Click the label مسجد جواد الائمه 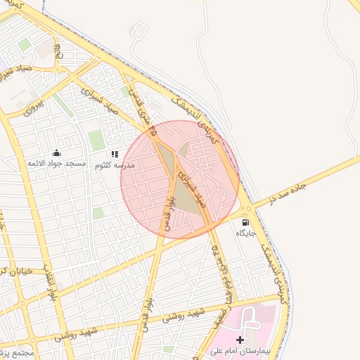point(56,164)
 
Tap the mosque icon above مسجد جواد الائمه point(56,153)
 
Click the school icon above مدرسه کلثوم point(114,154)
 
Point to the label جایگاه point(244,233)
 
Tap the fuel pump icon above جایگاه point(245,222)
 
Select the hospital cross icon point(240,340)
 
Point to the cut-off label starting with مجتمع point(14,351)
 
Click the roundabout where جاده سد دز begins point(248,209)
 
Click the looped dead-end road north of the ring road point(140,30)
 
